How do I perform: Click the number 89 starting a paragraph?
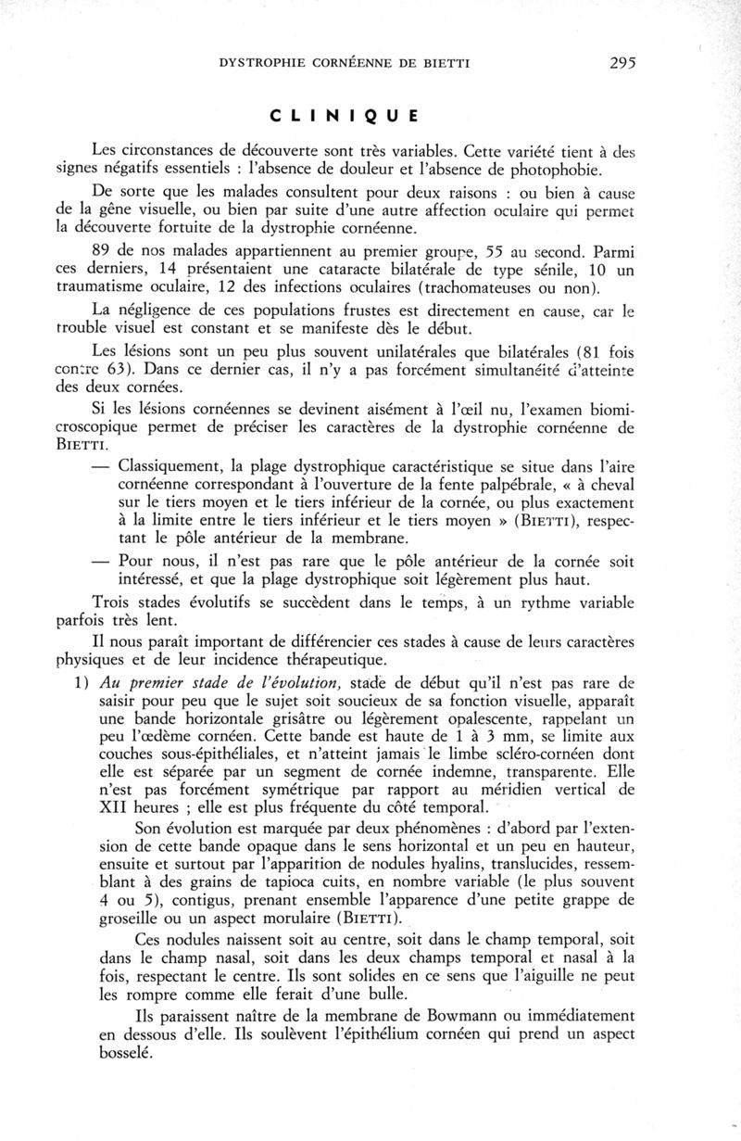click(105, 251)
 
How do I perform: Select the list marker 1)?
click(103, 680)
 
